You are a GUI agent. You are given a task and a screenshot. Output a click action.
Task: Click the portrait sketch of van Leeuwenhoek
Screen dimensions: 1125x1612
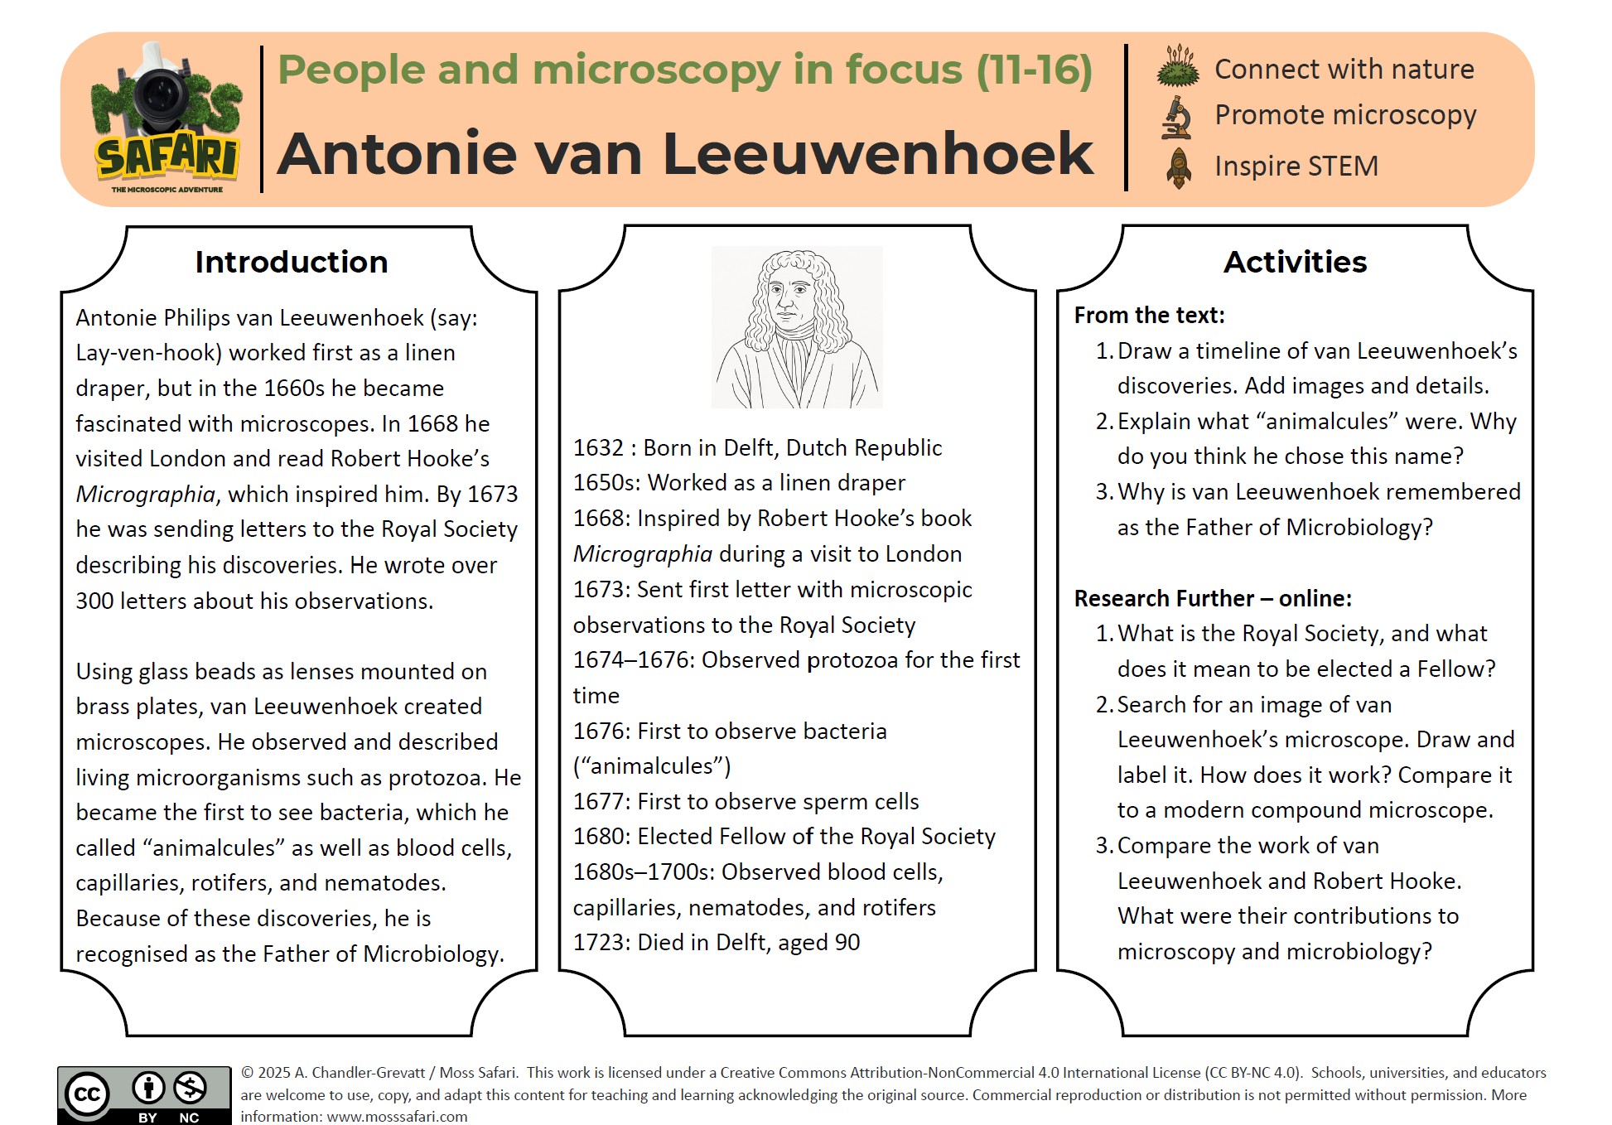click(797, 327)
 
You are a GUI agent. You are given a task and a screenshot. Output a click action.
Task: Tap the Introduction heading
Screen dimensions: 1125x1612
click(292, 263)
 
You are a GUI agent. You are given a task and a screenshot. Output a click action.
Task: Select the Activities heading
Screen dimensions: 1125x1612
click(1295, 263)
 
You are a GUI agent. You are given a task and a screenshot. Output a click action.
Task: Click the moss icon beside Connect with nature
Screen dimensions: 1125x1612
click(1178, 67)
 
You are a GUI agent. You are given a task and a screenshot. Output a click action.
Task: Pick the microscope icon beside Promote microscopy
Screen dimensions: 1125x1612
click(1177, 117)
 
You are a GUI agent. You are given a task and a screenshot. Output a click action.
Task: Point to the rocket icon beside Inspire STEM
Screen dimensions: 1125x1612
click(1178, 167)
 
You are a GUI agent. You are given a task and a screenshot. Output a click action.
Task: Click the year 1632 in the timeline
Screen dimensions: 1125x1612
click(598, 448)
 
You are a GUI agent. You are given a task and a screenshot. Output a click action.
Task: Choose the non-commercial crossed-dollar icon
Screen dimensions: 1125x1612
click(191, 1088)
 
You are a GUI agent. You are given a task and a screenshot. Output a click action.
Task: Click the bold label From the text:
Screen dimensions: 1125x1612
click(1149, 316)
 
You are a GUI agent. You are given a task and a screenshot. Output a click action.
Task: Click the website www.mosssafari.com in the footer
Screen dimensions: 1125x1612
click(397, 1117)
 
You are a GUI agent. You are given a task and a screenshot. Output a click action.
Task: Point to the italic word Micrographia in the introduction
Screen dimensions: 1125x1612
click(145, 495)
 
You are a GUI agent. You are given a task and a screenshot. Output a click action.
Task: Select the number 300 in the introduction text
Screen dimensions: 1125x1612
click(94, 601)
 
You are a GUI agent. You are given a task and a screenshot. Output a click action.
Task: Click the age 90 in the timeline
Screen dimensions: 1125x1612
click(847, 943)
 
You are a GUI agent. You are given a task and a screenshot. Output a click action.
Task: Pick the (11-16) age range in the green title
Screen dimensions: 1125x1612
click(1034, 70)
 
